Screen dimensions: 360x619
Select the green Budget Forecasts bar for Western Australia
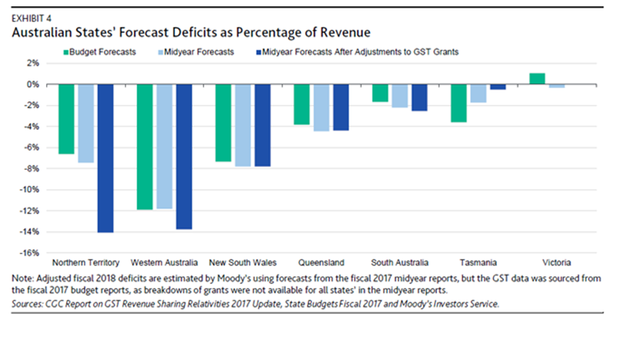click(x=144, y=147)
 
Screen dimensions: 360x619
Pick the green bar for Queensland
click(x=301, y=104)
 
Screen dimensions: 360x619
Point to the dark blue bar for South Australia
click(x=419, y=97)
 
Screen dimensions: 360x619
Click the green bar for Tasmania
click(x=458, y=103)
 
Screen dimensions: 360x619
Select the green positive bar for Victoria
click(x=537, y=78)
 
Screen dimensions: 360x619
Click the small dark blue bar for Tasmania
click(x=498, y=87)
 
